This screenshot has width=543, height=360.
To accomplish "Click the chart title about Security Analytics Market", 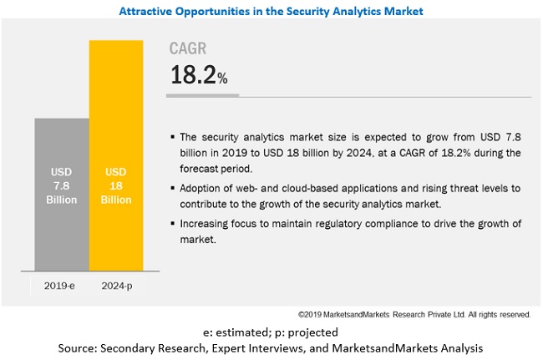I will (x=271, y=11).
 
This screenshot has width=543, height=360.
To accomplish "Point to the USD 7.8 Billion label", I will (x=61, y=186).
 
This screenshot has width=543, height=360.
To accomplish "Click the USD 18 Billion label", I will (x=116, y=186).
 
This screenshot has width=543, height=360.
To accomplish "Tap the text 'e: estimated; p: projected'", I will (x=271, y=331).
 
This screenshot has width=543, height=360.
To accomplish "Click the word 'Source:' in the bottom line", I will (x=79, y=347).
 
